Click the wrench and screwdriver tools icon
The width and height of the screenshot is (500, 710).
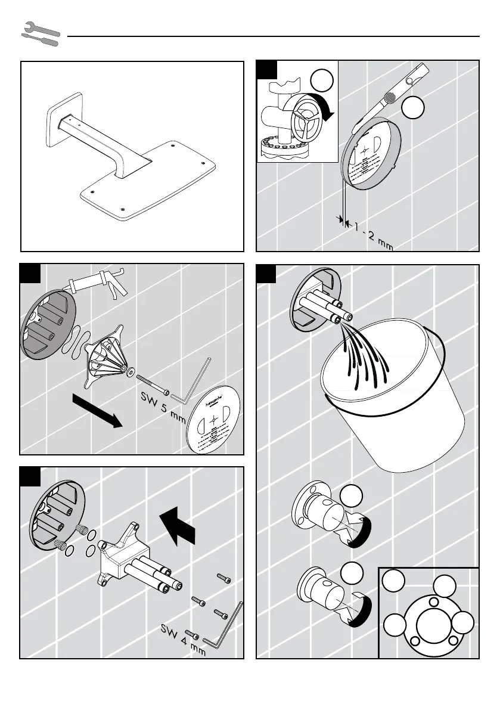click(x=41, y=34)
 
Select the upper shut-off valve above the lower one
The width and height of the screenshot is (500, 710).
click(x=330, y=513)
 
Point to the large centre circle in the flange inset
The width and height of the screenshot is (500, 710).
click(x=431, y=626)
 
